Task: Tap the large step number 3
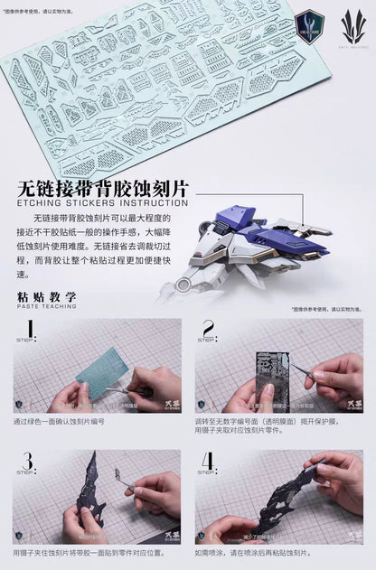point(29,463)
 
